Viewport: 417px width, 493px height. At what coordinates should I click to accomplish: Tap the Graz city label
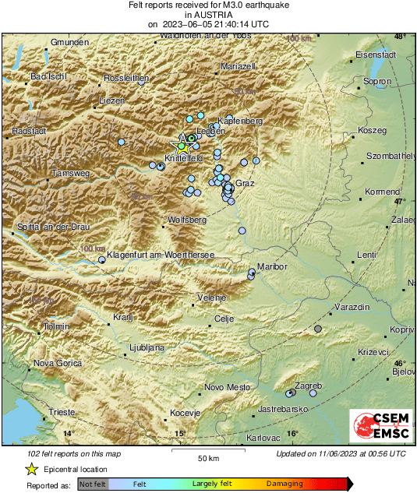pos(245,184)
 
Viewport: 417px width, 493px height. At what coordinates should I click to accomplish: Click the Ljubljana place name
pos(146,347)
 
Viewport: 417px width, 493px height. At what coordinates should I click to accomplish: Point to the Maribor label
pos(272,266)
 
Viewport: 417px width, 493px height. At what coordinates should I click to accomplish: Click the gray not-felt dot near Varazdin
pos(317,329)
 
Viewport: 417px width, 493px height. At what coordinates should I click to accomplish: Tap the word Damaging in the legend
pos(285,484)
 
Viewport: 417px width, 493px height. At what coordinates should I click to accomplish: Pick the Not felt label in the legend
pos(93,484)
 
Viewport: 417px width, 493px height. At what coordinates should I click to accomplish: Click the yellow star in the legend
pos(31,469)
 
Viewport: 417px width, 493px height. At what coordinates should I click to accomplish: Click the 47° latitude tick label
pos(400,201)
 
